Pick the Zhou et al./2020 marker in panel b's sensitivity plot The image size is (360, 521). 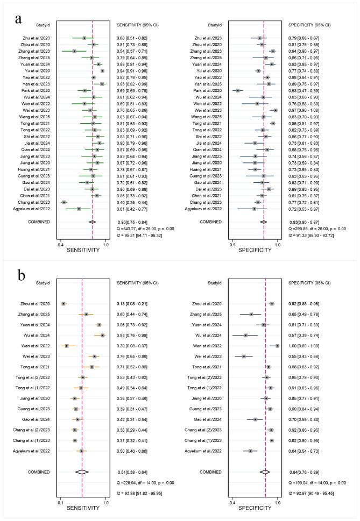pyautogui.click(x=63, y=304)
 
